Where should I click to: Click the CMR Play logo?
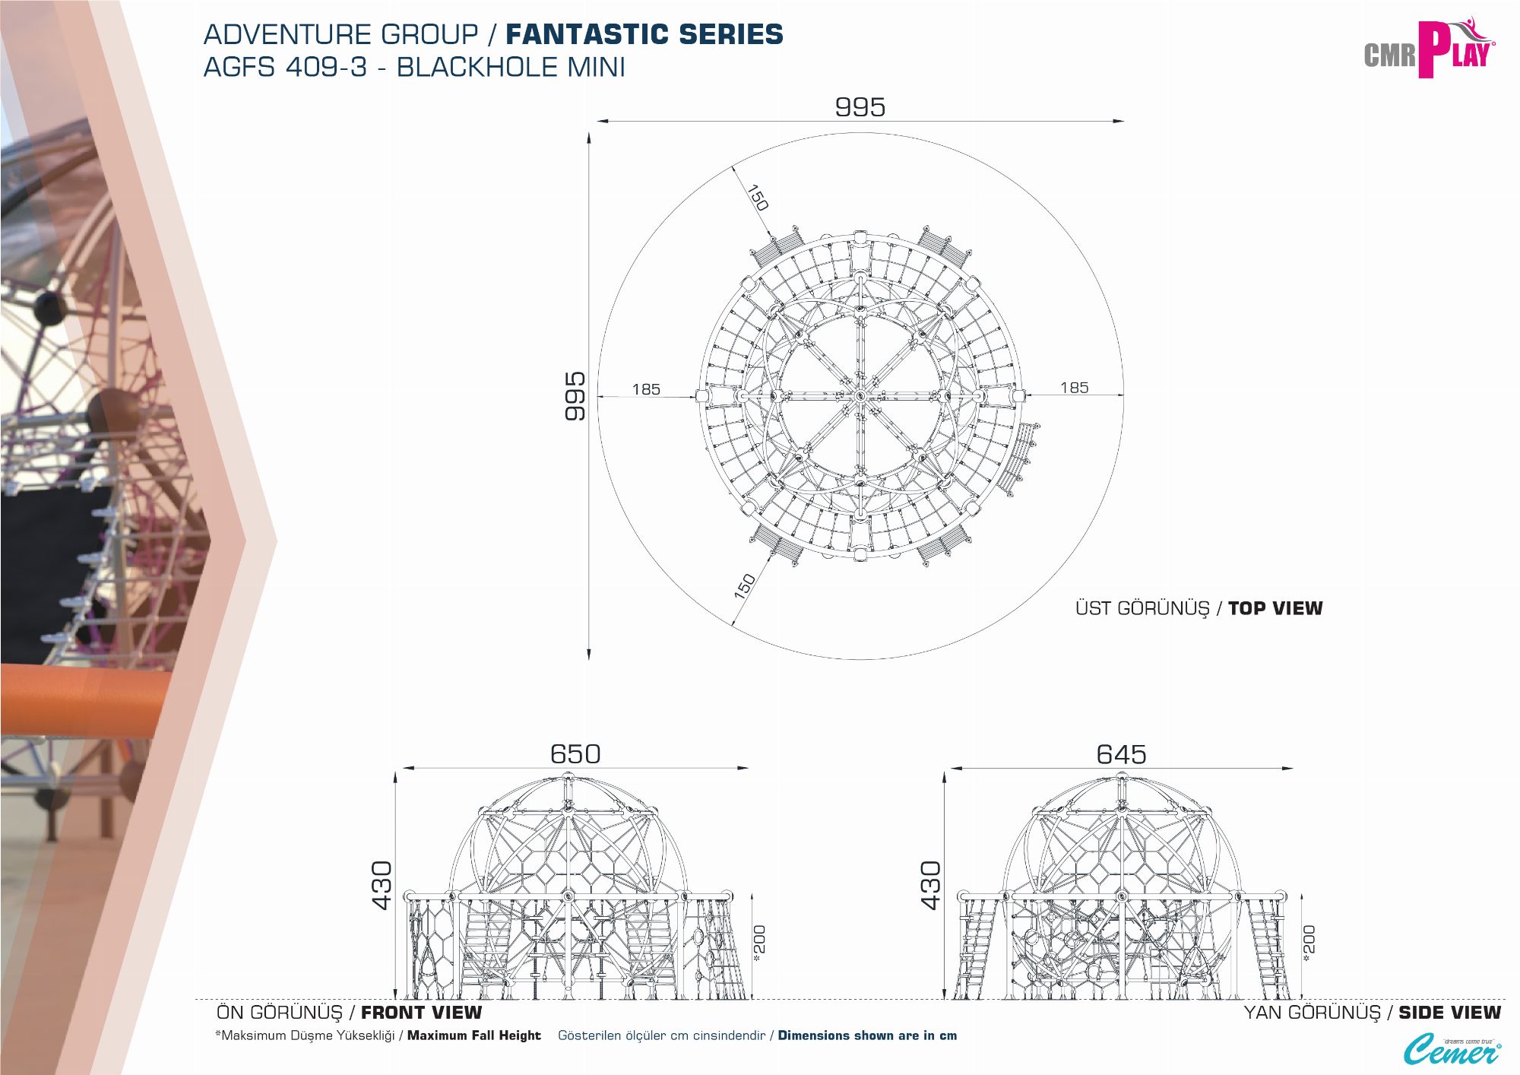click(x=1429, y=49)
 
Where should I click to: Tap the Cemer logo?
click(x=1452, y=1050)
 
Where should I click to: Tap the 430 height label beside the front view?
click(x=382, y=885)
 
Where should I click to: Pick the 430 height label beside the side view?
click(x=930, y=885)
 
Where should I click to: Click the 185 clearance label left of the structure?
click(x=646, y=389)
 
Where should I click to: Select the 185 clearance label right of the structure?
click(x=1075, y=388)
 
